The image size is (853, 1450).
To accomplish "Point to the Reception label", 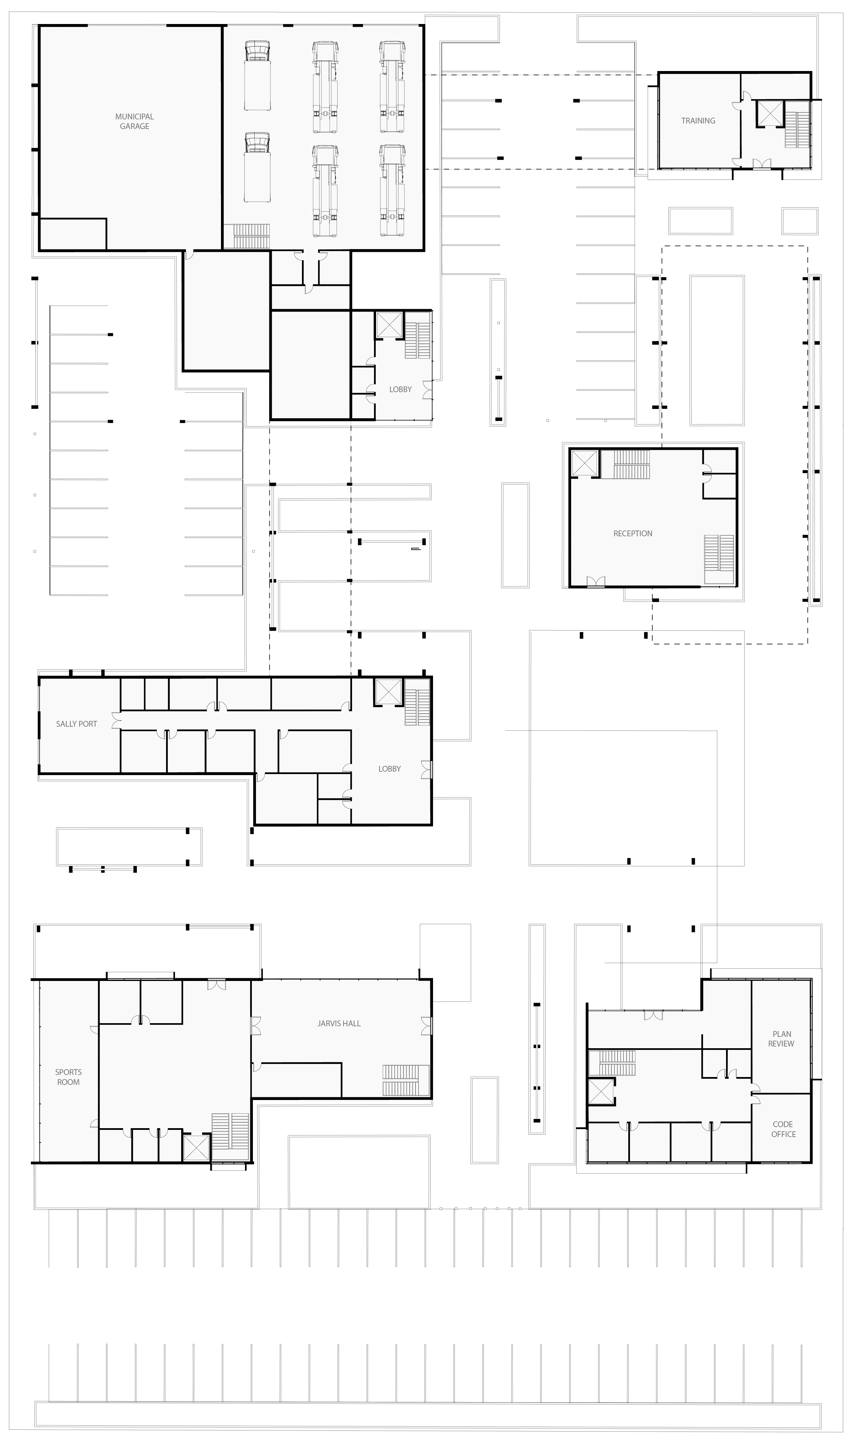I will (x=633, y=534).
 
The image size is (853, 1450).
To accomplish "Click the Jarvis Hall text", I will (x=339, y=1023).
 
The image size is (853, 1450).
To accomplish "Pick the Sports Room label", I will (x=69, y=1077).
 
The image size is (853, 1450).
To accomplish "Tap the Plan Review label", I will (x=781, y=1039).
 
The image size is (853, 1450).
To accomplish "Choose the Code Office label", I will (x=783, y=1129).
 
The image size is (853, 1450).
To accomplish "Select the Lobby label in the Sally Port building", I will (x=390, y=769).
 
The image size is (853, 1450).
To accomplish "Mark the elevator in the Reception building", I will (x=585, y=463).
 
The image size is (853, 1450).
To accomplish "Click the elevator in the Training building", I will (x=770, y=113).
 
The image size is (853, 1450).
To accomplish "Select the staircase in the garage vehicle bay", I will (x=251, y=236).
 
